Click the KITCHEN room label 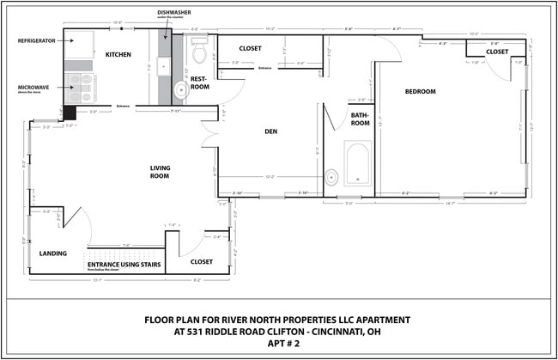tap(118, 55)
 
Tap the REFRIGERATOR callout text tap(38, 40)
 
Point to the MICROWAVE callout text tap(34, 87)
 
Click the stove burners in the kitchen tap(82, 88)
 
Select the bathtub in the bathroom tap(356, 163)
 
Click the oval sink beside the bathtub tap(331, 178)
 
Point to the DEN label tap(270, 131)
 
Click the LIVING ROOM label tap(161, 173)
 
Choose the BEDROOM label tap(421, 92)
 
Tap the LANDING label tap(53, 253)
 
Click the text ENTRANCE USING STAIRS tap(124, 264)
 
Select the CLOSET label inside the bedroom tap(497, 52)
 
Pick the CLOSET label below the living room tap(202, 261)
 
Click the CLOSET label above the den tap(250, 48)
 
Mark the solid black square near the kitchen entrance tap(70, 112)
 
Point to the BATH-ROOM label tap(361, 119)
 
